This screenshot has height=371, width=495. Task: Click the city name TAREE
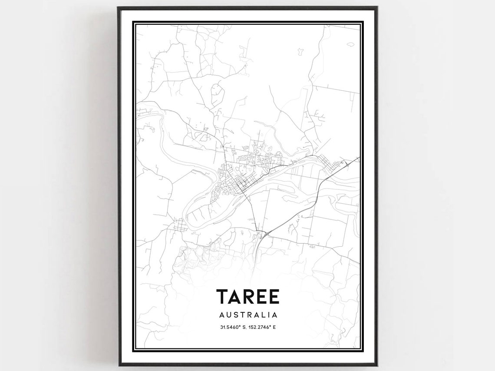248,297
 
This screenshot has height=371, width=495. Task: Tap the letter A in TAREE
235,297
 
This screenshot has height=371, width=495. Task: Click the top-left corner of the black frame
118,7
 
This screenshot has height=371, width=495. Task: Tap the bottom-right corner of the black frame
376,364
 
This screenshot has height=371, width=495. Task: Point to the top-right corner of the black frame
376,7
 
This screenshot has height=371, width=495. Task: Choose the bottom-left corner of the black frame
118,364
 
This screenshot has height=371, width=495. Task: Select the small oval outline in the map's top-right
350,44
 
